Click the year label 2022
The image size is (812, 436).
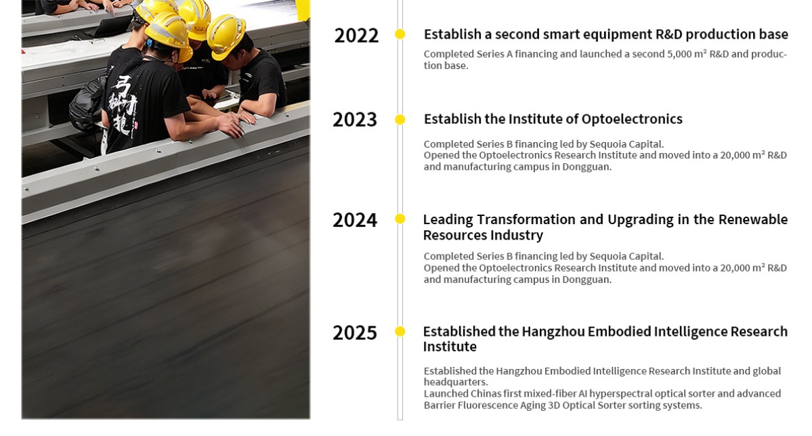point(356,36)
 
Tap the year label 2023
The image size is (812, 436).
point(355,120)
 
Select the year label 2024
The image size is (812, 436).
point(355,220)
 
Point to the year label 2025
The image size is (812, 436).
point(355,332)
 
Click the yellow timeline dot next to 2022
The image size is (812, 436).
point(400,34)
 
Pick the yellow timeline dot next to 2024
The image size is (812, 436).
point(400,219)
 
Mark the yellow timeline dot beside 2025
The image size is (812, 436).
point(400,332)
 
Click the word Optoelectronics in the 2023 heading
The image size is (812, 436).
point(632,119)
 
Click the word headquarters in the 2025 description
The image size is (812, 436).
point(456,382)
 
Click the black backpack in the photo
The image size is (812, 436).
point(87,104)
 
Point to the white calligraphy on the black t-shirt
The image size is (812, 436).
point(123,107)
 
